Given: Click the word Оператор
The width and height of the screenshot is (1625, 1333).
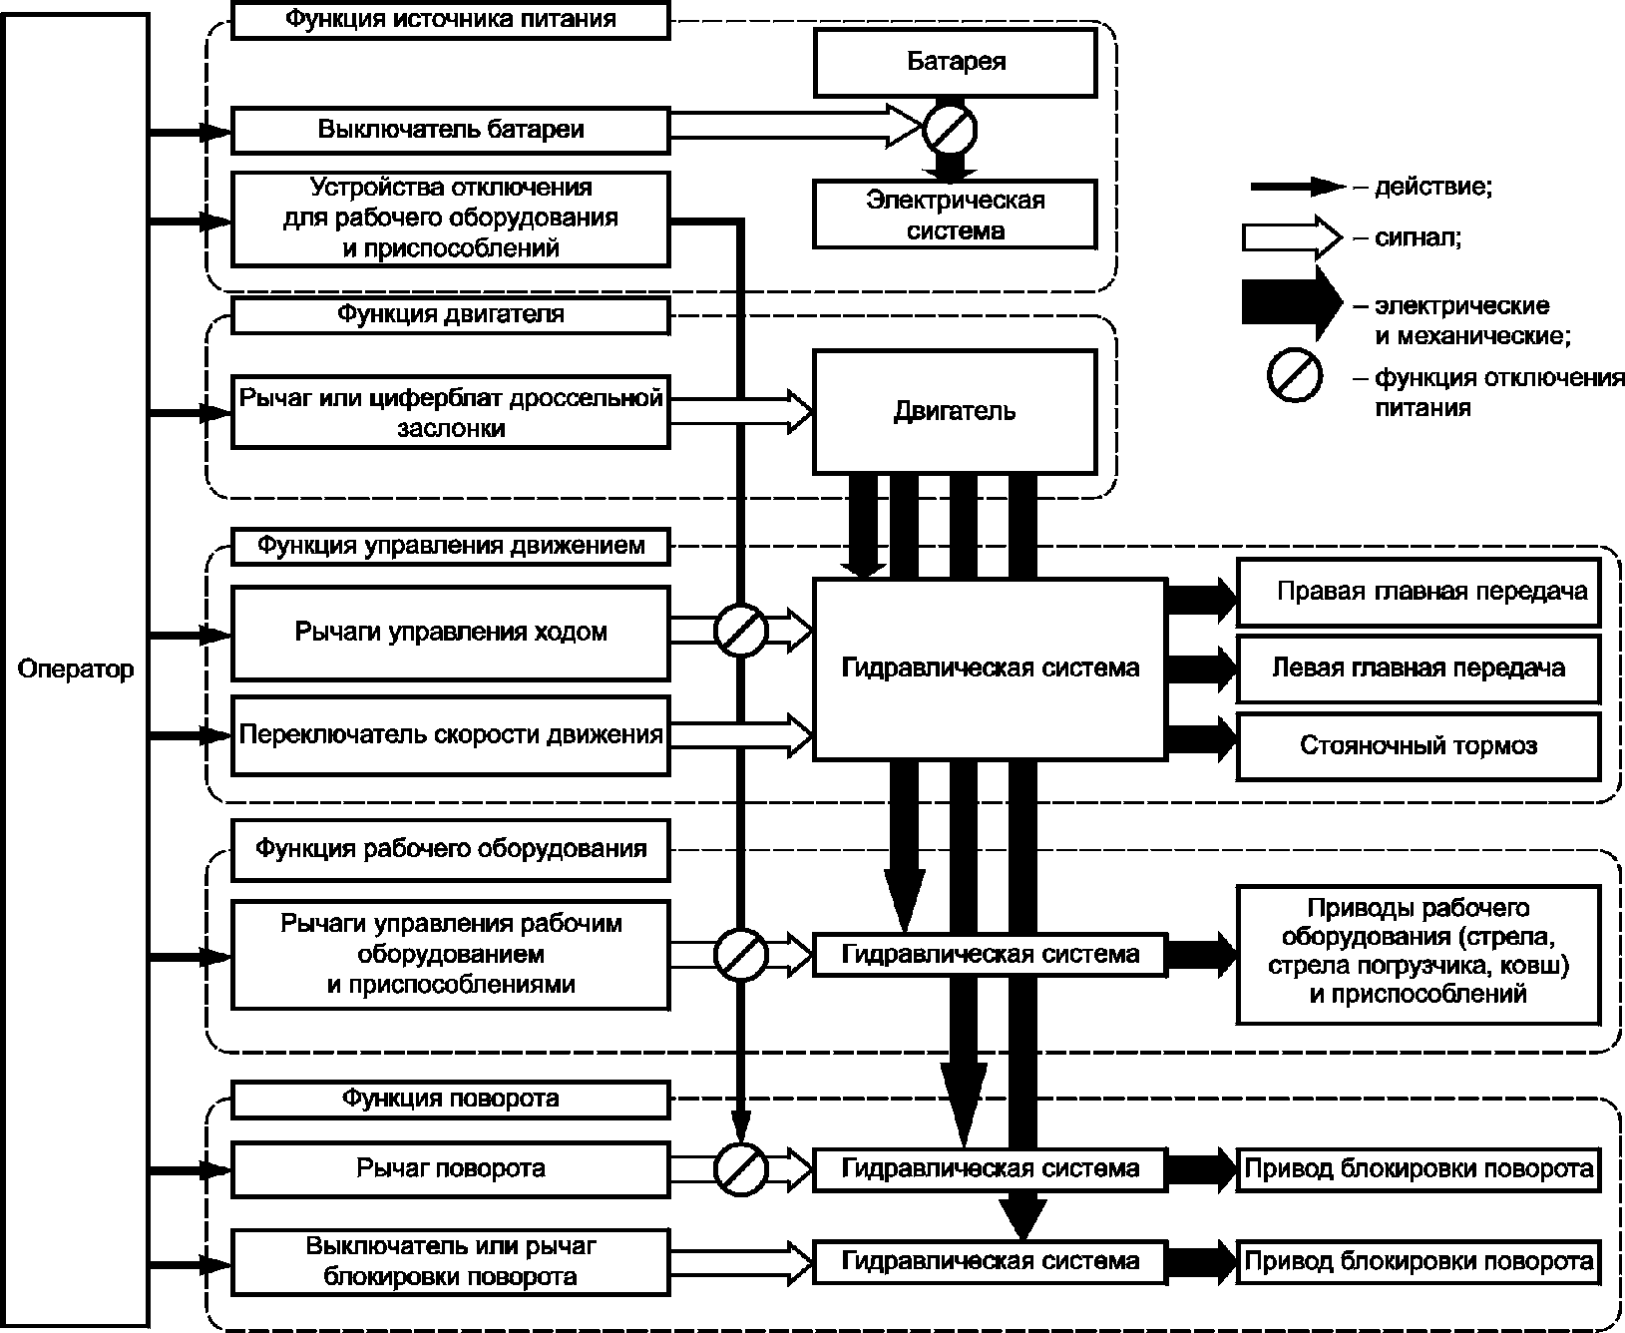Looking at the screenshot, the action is (x=76, y=668).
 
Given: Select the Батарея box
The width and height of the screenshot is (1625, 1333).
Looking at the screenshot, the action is (x=956, y=62).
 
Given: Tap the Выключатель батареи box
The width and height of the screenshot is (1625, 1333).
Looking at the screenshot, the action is (x=451, y=130).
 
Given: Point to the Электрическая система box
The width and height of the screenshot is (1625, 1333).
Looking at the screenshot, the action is (x=956, y=215).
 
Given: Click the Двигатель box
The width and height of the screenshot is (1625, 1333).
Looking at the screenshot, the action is (x=956, y=411).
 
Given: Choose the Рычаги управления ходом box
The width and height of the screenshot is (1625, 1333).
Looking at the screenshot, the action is (x=451, y=633).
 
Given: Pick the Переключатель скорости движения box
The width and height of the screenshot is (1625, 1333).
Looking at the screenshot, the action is (x=451, y=735).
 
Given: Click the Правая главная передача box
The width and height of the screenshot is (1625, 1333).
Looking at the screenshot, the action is (x=1419, y=592).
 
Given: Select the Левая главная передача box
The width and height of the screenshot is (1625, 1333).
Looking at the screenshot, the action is (x=1419, y=668).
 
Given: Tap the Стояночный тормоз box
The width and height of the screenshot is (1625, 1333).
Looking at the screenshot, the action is (x=1419, y=745).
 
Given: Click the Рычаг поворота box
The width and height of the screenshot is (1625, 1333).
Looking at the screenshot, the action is (x=451, y=1167).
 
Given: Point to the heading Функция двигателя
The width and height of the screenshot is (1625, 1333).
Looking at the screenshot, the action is (x=451, y=314).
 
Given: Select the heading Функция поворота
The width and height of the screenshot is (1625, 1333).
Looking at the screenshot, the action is (x=451, y=1099).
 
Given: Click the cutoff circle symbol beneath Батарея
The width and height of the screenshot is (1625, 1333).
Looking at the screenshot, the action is (x=950, y=129).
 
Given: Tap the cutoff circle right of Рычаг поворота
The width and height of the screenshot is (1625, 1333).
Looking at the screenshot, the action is (x=740, y=1167).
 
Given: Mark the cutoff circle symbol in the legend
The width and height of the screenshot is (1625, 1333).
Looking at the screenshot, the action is (x=1295, y=376).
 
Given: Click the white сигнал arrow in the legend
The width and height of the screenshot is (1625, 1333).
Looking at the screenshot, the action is (x=1292, y=237).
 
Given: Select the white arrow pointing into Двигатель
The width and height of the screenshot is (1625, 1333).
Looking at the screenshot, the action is (x=741, y=411).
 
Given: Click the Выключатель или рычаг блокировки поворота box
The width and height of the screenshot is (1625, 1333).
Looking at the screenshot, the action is (x=451, y=1261).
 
